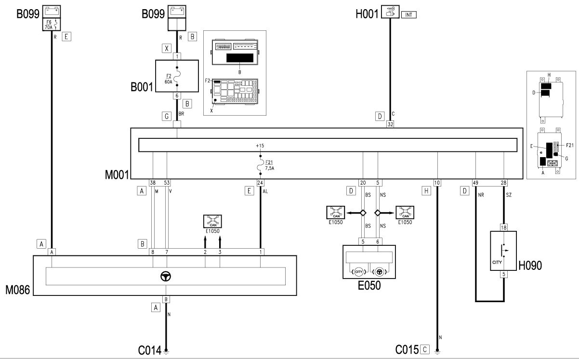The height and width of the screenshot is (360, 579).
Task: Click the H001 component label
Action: pyautogui.click(x=367, y=14)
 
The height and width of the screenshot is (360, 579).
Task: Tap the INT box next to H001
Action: pyautogui.click(x=408, y=15)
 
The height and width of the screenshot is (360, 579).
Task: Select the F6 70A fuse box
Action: pyautogui.click(x=52, y=25)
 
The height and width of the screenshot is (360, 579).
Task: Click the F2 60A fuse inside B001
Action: pyautogui.click(x=177, y=76)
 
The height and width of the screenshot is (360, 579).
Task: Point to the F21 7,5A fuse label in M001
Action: pyautogui.click(x=269, y=165)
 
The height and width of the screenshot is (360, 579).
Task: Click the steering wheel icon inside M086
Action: pyautogui.click(x=166, y=277)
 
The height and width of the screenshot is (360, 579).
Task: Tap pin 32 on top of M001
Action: pyautogui.click(x=390, y=124)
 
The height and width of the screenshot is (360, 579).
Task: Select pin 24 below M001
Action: pyautogui.click(x=260, y=183)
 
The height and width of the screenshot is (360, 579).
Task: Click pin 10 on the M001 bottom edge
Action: pyautogui.click(x=437, y=183)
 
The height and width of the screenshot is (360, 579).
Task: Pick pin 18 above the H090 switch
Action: pyautogui.click(x=503, y=227)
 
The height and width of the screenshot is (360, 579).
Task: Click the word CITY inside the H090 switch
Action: pyautogui.click(x=497, y=262)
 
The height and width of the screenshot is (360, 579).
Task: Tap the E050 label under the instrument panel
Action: pyautogui.click(x=369, y=285)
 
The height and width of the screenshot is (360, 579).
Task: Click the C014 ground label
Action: pyautogui.click(x=150, y=350)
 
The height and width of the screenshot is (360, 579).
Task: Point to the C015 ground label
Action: pyautogui.click(x=407, y=350)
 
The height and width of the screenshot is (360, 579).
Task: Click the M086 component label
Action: pyautogui.click(x=17, y=290)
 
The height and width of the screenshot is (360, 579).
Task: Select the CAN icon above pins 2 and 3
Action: pyautogui.click(x=212, y=221)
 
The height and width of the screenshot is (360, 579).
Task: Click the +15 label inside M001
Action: pyautogui.click(x=260, y=146)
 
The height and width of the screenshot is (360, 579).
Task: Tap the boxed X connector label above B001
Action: pyautogui.click(x=167, y=48)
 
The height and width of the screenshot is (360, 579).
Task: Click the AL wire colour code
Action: pyautogui.click(x=265, y=192)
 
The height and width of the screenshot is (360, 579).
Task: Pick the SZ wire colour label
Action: pyautogui.click(x=509, y=195)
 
